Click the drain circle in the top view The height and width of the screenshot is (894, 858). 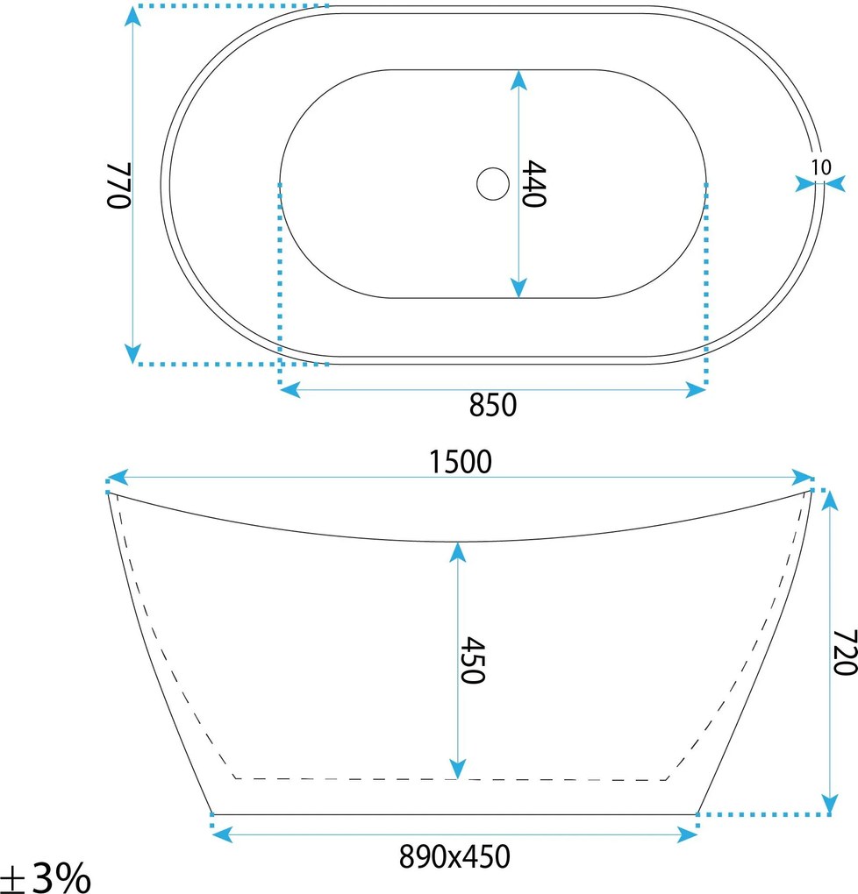493,183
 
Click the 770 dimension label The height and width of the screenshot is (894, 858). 119,186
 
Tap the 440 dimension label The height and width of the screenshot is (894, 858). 534,183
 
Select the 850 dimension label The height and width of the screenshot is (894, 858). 493,405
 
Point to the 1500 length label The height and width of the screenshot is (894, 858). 460,462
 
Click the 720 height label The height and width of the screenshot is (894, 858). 845,652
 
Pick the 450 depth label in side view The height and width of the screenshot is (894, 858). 473,660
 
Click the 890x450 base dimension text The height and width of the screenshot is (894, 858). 454,856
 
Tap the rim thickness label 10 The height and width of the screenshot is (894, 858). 821,167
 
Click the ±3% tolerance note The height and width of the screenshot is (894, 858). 45,876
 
